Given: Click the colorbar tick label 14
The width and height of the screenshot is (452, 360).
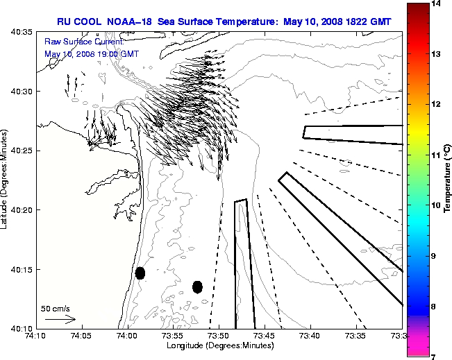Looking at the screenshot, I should (437, 3).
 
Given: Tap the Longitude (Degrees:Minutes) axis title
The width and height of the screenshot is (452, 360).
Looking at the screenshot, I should (218, 345).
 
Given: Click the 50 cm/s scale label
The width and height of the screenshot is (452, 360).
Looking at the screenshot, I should (56, 308).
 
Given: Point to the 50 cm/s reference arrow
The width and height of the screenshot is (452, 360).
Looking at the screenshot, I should (60, 319).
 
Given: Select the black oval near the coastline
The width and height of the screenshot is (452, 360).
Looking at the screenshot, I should (140, 273).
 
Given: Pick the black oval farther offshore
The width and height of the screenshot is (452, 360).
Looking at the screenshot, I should (197, 286).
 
